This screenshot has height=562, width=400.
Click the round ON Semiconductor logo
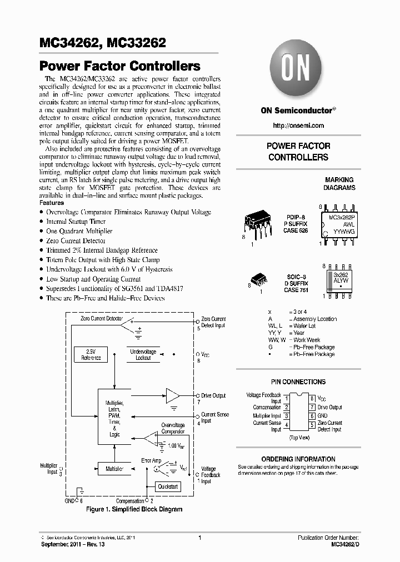298,71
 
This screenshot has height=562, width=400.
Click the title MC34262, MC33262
102,43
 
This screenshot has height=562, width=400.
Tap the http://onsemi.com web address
298,127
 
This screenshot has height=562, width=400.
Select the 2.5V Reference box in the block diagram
91,355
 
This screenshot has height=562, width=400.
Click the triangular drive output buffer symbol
173,396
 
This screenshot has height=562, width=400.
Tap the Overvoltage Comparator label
173,428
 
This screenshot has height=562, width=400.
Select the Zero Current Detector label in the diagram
102,320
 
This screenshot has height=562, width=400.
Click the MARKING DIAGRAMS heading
339,184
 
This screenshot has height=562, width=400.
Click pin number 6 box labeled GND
313,415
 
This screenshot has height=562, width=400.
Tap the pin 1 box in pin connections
286,398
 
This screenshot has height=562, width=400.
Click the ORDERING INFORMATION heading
298,459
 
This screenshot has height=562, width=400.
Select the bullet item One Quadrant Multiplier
79,231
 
